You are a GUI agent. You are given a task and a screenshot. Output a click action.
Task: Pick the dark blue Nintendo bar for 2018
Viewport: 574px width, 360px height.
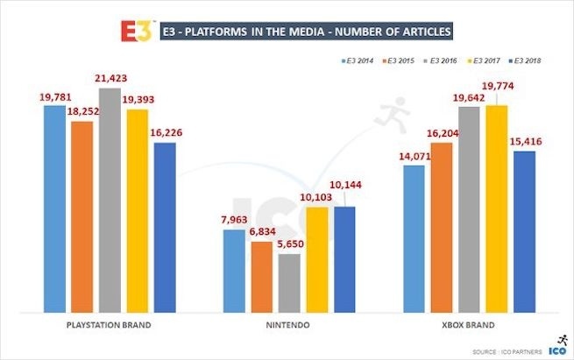(x=344, y=258)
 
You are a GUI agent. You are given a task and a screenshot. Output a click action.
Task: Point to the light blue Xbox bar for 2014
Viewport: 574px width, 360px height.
(x=413, y=237)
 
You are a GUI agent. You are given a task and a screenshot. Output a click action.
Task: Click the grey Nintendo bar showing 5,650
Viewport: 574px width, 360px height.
(x=290, y=282)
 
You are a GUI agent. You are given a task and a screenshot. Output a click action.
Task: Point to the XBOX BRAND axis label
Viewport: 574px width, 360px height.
(x=469, y=325)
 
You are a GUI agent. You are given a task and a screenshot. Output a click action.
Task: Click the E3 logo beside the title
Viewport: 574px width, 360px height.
(x=138, y=31)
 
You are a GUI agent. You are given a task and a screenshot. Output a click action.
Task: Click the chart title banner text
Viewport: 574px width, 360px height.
(x=308, y=32)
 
